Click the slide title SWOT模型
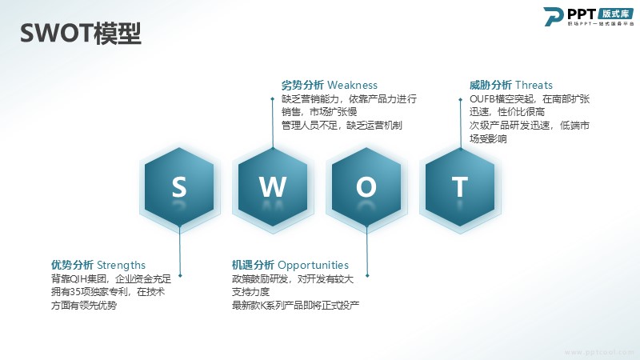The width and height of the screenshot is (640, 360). [x=81, y=33]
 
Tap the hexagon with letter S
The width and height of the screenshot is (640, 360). [x=179, y=187]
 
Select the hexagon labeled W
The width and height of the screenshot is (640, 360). [x=273, y=187]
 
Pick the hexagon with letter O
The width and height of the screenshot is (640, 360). [x=366, y=187]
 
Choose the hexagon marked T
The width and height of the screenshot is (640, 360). [x=460, y=187]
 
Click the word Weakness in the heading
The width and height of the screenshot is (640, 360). [x=352, y=86]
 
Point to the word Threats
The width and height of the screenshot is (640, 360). [x=534, y=86]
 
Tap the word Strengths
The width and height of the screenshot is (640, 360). [x=122, y=266]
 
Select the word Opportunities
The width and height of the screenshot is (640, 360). [x=313, y=266]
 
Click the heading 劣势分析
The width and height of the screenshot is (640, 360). [x=302, y=86]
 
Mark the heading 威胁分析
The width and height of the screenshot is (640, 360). [x=490, y=86]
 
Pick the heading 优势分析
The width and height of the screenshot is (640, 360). [x=72, y=266]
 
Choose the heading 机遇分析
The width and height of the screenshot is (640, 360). [x=253, y=266]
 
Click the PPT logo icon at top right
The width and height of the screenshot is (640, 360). [x=553, y=16]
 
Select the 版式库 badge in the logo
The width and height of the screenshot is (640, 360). [x=616, y=14]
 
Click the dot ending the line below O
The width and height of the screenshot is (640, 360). [x=367, y=276]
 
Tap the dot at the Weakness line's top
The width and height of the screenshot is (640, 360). [x=273, y=98]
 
